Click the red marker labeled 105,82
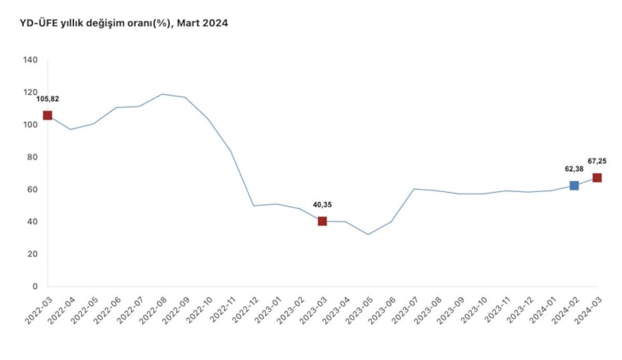47,115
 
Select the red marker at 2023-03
323,222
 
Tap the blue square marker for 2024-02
574,186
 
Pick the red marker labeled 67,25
597,178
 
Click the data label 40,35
321,205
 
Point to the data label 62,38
574,168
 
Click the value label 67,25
597,161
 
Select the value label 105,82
47,99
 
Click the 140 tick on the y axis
30,60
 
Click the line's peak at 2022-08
162,94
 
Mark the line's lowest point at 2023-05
368,234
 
